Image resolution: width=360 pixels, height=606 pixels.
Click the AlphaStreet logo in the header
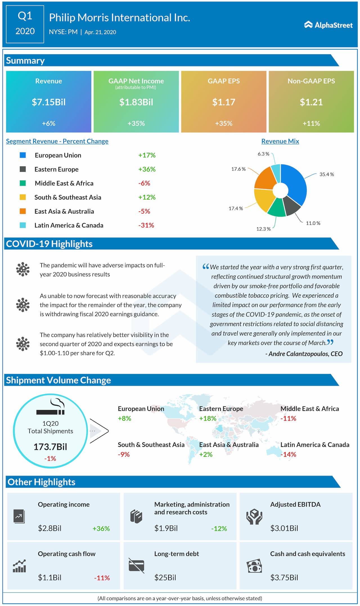coord(328,25)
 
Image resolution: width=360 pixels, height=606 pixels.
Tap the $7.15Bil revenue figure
coord(49,102)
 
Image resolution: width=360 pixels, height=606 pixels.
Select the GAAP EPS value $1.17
coord(224,102)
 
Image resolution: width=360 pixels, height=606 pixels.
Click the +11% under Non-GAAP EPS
coord(311,123)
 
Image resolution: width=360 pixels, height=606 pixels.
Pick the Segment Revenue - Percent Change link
coord(57,141)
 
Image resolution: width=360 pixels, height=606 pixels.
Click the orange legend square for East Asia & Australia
coord(23,211)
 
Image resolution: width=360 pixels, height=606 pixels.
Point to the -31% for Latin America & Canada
coord(146,225)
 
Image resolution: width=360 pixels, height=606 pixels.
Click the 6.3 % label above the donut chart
coord(263,154)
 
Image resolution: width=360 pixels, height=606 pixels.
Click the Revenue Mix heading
coord(280,141)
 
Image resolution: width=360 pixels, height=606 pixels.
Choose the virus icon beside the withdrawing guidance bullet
coord(23,305)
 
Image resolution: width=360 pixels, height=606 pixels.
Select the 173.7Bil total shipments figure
coord(50,447)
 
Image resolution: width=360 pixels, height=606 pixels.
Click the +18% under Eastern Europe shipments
coord(208,418)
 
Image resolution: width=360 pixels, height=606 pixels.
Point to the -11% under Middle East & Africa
coord(288,418)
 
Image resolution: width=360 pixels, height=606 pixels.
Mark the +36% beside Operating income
coord(101,528)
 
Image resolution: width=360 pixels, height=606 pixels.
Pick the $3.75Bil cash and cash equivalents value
coord(284,578)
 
